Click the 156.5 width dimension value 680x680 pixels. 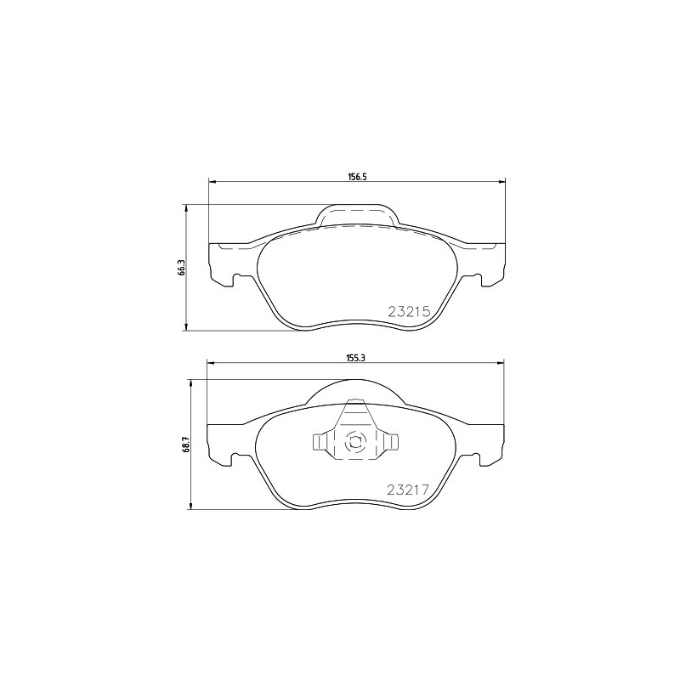coord(354,177)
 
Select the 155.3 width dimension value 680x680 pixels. coord(354,358)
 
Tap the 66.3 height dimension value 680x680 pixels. coord(182,268)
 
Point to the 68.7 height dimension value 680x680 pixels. coord(187,445)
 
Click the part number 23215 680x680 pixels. coord(409,311)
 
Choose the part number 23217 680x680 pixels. coord(408,490)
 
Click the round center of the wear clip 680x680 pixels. coord(354,443)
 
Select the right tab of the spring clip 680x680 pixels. coord(390,441)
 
